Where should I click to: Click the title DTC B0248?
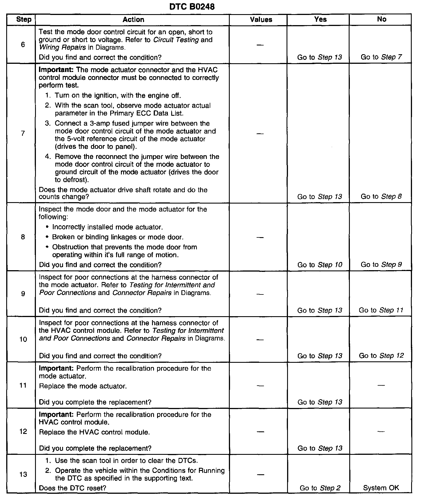click(192, 6)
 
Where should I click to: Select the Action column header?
click(133, 19)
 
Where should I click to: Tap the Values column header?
click(261, 19)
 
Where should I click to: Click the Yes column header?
click(320, 19)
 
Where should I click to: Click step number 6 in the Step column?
click(23, 45)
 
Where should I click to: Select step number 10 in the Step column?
click(23, 339)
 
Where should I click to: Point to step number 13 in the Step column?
click(23, 474)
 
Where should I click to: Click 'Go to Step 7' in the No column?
click(381, 57)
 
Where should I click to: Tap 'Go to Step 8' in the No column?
click(381, 196)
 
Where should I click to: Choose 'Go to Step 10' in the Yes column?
click(320, 265)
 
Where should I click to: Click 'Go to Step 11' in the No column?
click(381, 310)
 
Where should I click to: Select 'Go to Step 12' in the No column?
click(381, 356)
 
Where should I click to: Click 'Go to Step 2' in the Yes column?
click(320, 488)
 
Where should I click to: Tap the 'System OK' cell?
click(381, 488)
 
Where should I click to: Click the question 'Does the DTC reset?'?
click(72, 488)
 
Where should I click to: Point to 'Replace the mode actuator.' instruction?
click(83, 386)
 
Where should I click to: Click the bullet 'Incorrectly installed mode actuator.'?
click(107, 227)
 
